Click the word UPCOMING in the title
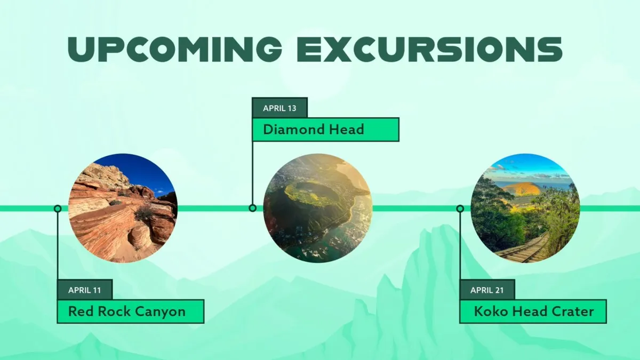tap(175, 49)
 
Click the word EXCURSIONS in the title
tap(430, 49)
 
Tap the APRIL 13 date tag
tap(279, 108)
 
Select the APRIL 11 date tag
tap(85, 290)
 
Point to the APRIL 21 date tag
tap(487, 290)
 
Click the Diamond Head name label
tap(325, 130)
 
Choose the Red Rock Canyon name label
tap(131, 311)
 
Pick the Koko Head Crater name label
tap(533, 311)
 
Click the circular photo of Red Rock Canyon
tap(123, 209)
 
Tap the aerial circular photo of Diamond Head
tap(318, 209)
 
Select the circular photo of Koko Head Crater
tap(525, 209)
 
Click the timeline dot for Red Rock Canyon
tap(58, 209)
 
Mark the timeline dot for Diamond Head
tap(252, 208)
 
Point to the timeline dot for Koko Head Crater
tap(460, 209)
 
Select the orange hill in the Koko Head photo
tap(522, 189)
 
